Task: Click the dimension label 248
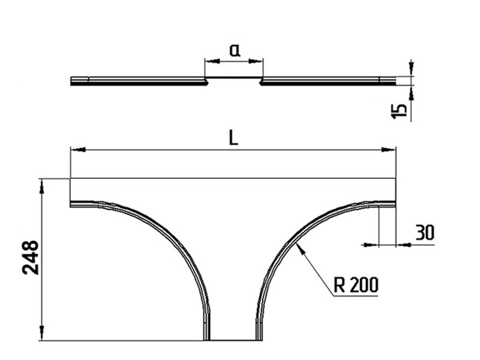[31, 257]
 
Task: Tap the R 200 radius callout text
[356, 284]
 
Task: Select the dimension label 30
[425, 232]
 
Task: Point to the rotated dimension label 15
[399, 111]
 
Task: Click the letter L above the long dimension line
[233, 138]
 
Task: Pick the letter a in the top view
[235, 50]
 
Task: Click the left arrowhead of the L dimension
[78, 149]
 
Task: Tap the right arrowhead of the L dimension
[388, 149]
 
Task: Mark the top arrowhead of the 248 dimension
[42, 186]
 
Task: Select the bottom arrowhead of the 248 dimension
[42, 333]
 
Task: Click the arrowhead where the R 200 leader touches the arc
[301, 248]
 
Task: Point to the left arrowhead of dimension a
[212, 61]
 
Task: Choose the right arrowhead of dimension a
[256, 61]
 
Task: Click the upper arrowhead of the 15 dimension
[411, 69]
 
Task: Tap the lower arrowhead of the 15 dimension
[411, 93]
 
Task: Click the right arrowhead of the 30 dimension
[403, 245]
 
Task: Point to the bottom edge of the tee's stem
[233, 340]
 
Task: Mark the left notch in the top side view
[206, 81]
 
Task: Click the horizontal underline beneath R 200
[355, 296]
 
